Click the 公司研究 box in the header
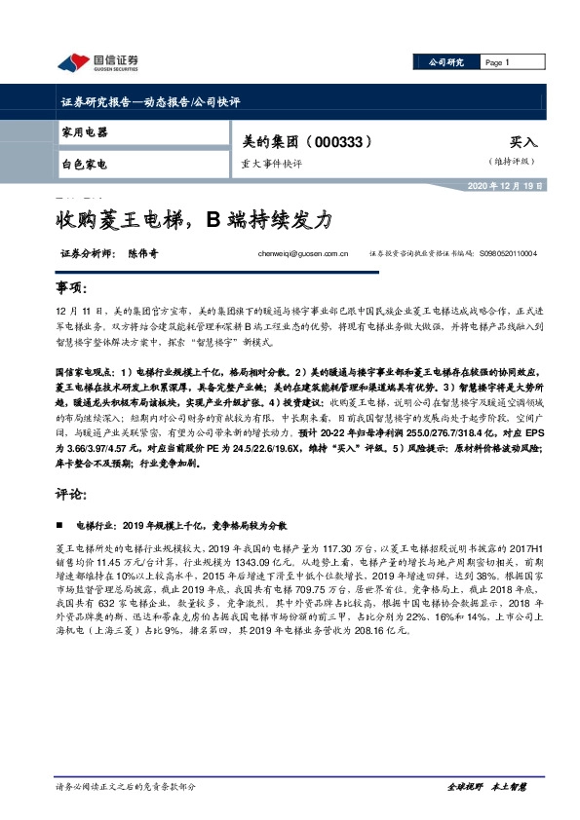tap(447, 62)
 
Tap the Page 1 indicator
tap(498, 62)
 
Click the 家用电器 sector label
tap(84, 132)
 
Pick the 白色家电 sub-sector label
tap(84, 164)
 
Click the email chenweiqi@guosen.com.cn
tap(303, 255)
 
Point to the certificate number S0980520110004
tap(516, 255)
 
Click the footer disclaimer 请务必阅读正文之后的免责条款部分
tap(126, 787)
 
